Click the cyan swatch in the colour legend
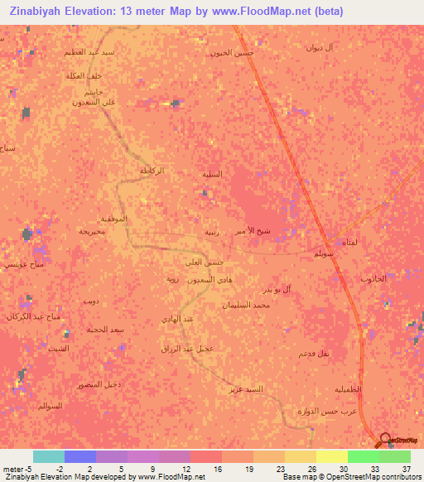[48, 456]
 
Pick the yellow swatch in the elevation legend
[331, 456]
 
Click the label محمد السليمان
[251, 306]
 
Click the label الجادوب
[373, 279]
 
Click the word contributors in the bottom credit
[397, 477]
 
